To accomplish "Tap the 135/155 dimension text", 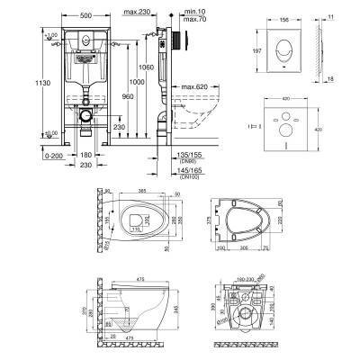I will click(x=166, y=154).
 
